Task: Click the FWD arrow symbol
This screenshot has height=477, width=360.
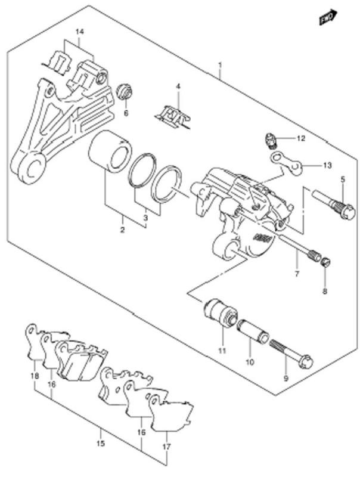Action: point(328,17)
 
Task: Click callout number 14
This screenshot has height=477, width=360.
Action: point(79,32)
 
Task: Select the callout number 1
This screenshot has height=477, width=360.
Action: point(220,65)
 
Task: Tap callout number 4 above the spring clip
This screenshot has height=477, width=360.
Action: point(178,86)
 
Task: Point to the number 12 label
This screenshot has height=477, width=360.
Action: point(300,138)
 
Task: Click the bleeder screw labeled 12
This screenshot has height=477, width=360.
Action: point(270,141)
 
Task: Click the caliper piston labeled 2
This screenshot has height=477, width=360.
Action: point(110,150)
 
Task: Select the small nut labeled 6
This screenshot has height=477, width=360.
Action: point(125,91)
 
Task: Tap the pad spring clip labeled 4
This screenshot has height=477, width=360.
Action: point(174,117)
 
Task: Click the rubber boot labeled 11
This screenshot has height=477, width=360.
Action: point(221,314)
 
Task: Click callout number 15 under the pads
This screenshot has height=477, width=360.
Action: point(101,443)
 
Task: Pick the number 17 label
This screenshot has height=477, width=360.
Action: point(167,447)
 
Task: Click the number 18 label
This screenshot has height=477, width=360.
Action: point(35,376)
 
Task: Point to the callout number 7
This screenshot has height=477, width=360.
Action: point(297,274)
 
